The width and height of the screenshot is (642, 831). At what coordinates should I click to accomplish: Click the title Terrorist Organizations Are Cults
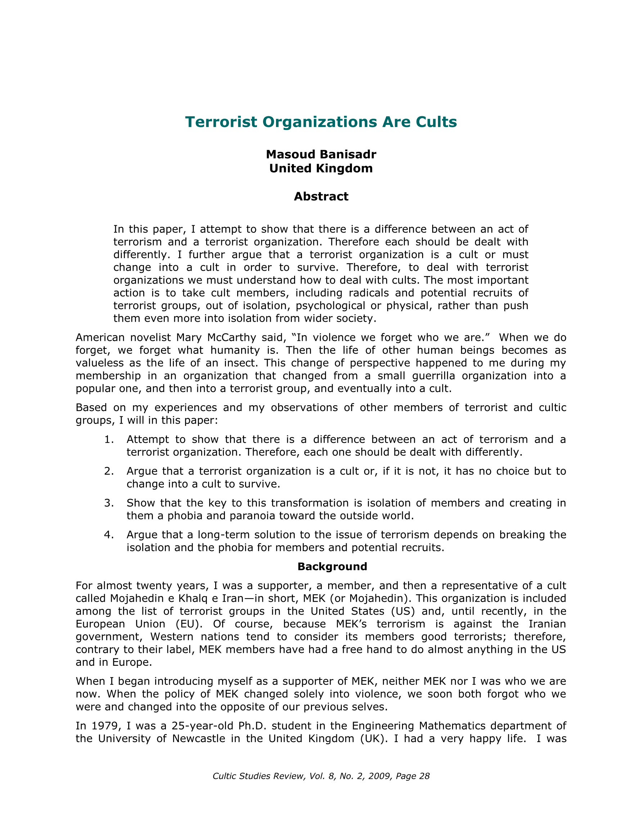click(x=321, y=122)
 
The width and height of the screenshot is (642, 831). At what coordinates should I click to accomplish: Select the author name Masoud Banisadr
click(x=321, y=154)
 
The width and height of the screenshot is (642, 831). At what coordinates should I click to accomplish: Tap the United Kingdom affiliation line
click(x=321, y=168)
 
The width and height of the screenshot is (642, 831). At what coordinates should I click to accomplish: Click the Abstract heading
click(x=321, y=197)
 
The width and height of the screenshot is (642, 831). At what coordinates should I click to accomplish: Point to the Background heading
click(x=332, y=566)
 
